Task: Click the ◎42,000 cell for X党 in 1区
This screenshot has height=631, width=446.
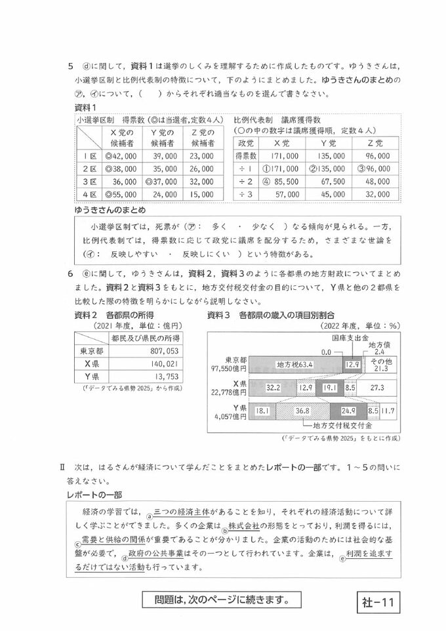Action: point(119,157)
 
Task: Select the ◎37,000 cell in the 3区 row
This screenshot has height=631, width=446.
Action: point(161,182)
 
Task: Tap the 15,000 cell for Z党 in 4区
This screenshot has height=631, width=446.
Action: point(200,194)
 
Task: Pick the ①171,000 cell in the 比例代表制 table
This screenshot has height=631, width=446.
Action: point(280,169)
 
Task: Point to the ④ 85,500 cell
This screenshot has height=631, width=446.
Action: point(280,181)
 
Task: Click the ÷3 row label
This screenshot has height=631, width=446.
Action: point(246,194)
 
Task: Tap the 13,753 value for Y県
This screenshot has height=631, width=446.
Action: point(155,377)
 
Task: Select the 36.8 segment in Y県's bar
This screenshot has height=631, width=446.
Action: point(302,411)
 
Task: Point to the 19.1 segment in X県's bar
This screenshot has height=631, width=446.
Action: point(329,388)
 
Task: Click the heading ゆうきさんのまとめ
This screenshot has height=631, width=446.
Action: point(110,210)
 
